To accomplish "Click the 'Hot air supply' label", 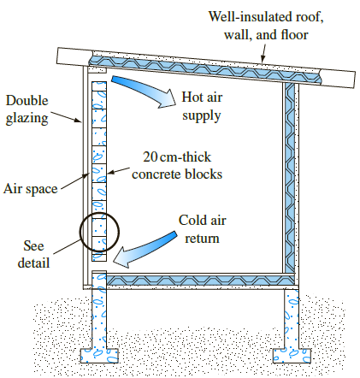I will (204, 105).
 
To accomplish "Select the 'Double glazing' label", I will (28, 109).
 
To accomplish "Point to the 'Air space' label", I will (29, 187).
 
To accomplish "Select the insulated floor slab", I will (197, 279).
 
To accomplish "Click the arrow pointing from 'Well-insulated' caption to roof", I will (263, 54).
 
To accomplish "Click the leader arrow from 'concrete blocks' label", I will (115, 168).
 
